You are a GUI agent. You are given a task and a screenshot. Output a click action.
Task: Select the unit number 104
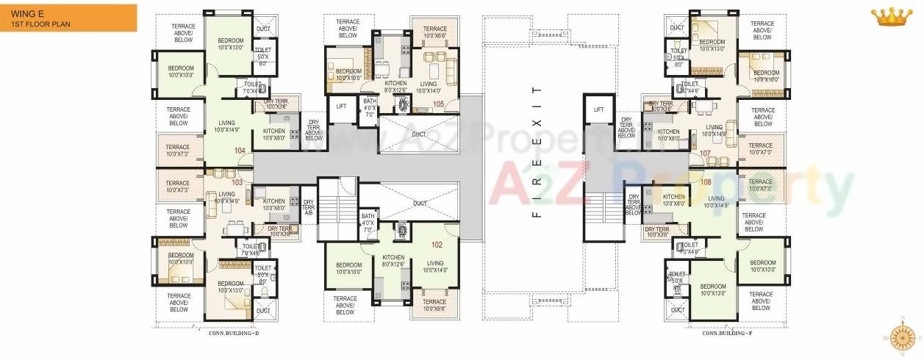240,151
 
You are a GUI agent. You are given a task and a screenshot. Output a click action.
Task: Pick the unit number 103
237,181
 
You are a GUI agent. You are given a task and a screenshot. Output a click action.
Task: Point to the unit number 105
438,104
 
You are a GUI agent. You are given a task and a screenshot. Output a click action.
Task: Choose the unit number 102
437,245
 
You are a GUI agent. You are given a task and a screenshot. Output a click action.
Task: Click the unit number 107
706,154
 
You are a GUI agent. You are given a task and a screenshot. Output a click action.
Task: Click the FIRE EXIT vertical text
537,152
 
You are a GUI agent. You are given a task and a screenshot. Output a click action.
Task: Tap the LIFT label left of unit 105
341,107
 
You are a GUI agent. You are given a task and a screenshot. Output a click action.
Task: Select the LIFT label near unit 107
598,109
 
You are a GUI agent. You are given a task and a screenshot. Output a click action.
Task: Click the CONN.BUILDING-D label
234,333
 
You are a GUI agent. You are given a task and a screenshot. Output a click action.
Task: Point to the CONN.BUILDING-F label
727,333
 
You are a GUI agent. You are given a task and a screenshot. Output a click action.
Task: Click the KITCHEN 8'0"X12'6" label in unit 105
395,87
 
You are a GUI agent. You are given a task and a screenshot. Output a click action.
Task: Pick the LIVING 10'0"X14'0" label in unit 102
435,266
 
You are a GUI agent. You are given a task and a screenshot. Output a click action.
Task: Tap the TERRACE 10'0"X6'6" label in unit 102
434,305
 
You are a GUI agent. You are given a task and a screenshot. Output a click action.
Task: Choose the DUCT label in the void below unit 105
419,134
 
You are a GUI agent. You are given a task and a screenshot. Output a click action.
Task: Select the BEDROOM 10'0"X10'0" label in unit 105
348,74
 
